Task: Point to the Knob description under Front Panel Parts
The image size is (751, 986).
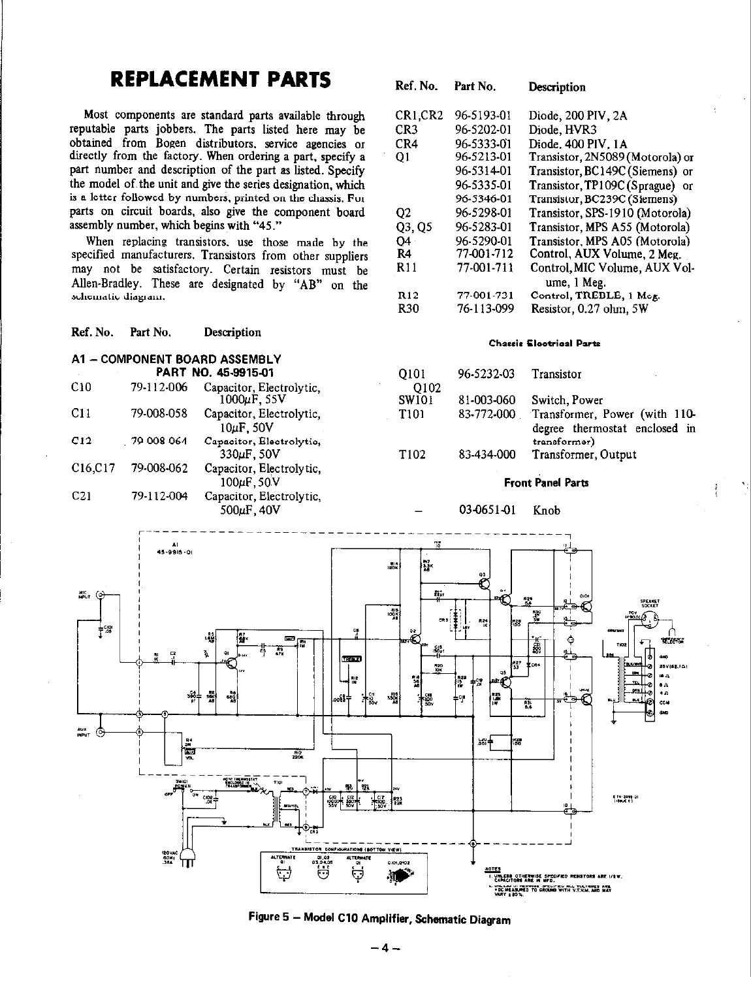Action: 546,510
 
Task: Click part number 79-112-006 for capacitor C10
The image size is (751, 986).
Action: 159,387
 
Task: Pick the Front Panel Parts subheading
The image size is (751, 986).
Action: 546,483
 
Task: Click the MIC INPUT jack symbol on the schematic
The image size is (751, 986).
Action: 100,595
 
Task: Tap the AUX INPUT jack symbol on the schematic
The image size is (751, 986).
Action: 100,732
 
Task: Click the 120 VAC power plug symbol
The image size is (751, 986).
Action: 186,863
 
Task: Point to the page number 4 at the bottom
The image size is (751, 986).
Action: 384,950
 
